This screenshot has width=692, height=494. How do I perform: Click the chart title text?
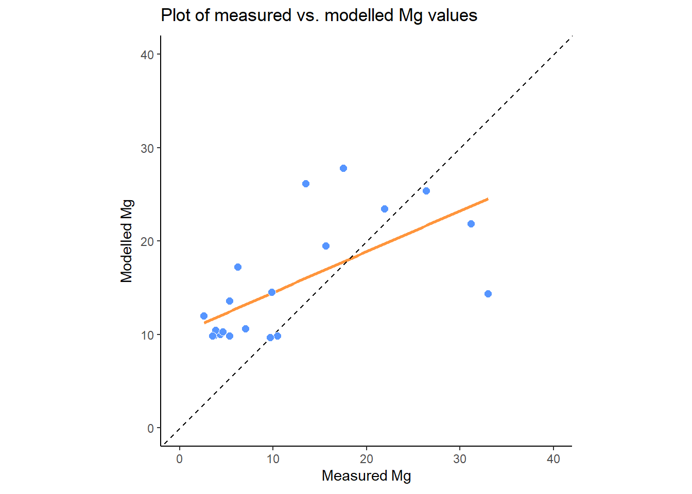click(319, 15)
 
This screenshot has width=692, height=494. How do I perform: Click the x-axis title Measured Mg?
click(366, 475)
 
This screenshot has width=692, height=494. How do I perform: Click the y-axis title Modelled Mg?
click(127, 241)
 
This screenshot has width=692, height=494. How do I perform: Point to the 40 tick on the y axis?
click(147, 55)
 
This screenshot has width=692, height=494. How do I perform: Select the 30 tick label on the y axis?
click(147, 148)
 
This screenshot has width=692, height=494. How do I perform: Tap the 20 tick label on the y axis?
click(147, 241)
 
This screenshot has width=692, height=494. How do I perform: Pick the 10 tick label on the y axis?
click(147, 335)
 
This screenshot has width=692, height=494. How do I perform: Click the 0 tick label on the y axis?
click(150, 428)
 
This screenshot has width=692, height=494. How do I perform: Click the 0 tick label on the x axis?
click(179, 459)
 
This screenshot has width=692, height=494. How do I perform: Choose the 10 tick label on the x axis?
click(273, 459)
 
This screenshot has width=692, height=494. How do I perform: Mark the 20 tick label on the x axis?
click(367, 459)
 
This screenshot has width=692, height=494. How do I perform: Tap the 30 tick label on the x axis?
click(460, 459)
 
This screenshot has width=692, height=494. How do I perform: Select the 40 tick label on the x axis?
click(553, 459)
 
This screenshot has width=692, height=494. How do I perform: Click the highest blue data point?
click(343, 168)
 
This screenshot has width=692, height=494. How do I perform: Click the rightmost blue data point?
click(488, 294)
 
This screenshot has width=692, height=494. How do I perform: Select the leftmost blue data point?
click(204, 316)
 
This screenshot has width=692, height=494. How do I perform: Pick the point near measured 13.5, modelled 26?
click(306, 184)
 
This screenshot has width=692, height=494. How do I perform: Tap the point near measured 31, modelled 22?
click(471, 224)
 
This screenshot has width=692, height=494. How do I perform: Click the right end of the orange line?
click(487, 199)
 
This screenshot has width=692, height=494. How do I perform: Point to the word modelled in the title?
click(359, 15)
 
